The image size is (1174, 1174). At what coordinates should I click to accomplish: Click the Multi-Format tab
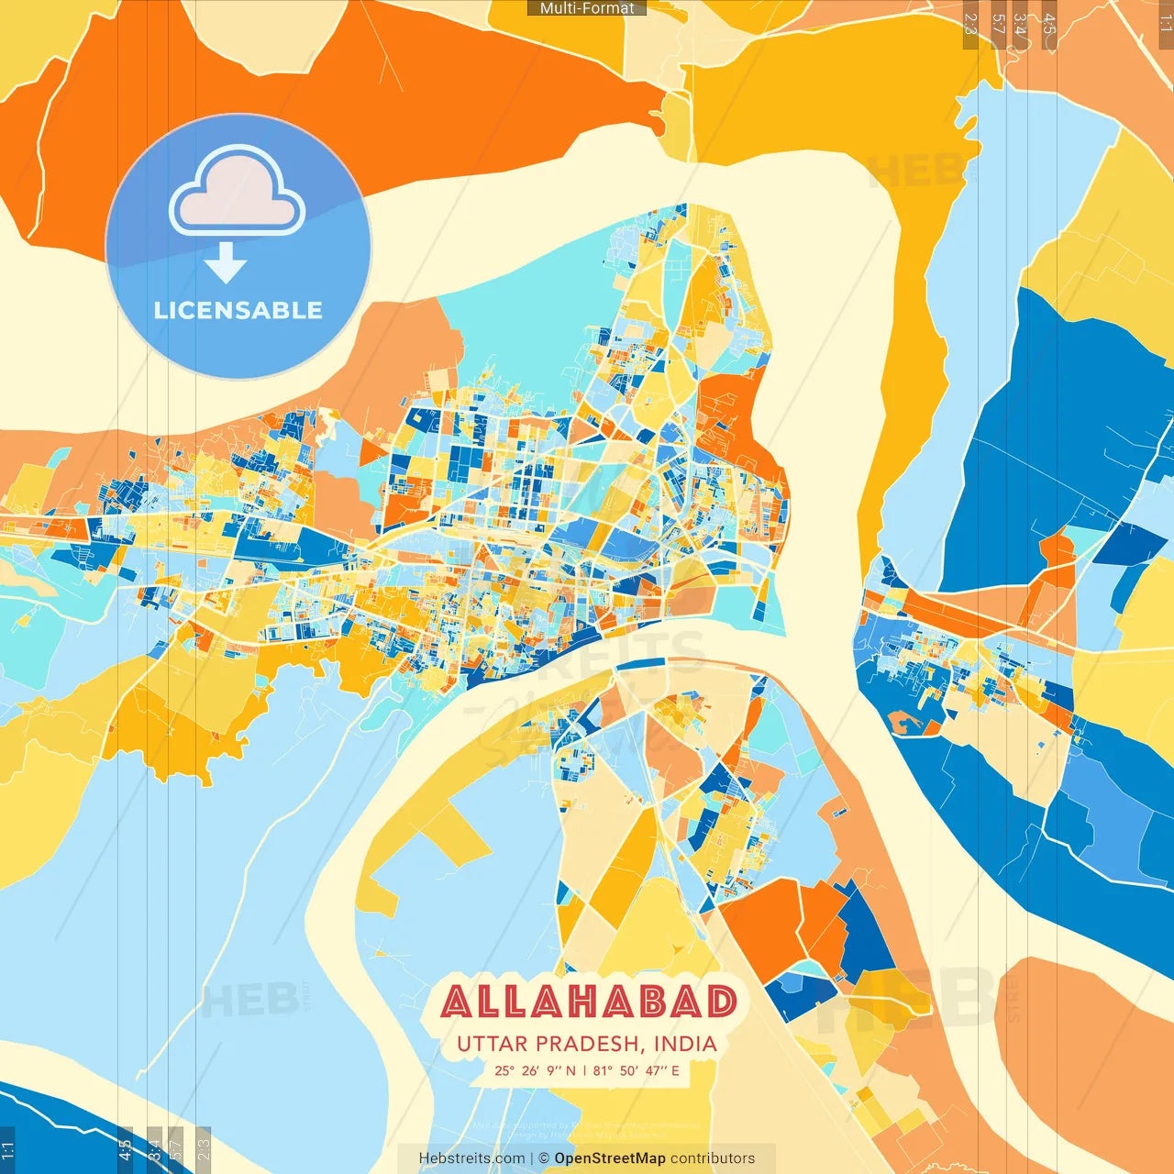[587, 8]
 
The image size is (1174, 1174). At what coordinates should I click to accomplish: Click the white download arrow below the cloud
[226, 263]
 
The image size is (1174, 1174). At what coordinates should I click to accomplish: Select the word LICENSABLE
[238, 310]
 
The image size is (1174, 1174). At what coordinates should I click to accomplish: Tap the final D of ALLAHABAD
[722, 1002]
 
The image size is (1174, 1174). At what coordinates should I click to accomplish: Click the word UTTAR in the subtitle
[493, 1044]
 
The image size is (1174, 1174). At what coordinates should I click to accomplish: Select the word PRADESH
[588, 1044]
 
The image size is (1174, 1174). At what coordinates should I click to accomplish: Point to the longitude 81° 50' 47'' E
[637, 1070]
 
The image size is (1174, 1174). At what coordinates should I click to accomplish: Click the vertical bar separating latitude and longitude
[584, 1070]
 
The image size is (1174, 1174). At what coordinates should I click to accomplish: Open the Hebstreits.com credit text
[471, 1158]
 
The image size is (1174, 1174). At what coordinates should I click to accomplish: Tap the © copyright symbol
[543, 1158]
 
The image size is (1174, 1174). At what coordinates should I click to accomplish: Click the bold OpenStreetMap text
[610, 1158]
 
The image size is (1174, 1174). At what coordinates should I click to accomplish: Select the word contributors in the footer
[713, 1158]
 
